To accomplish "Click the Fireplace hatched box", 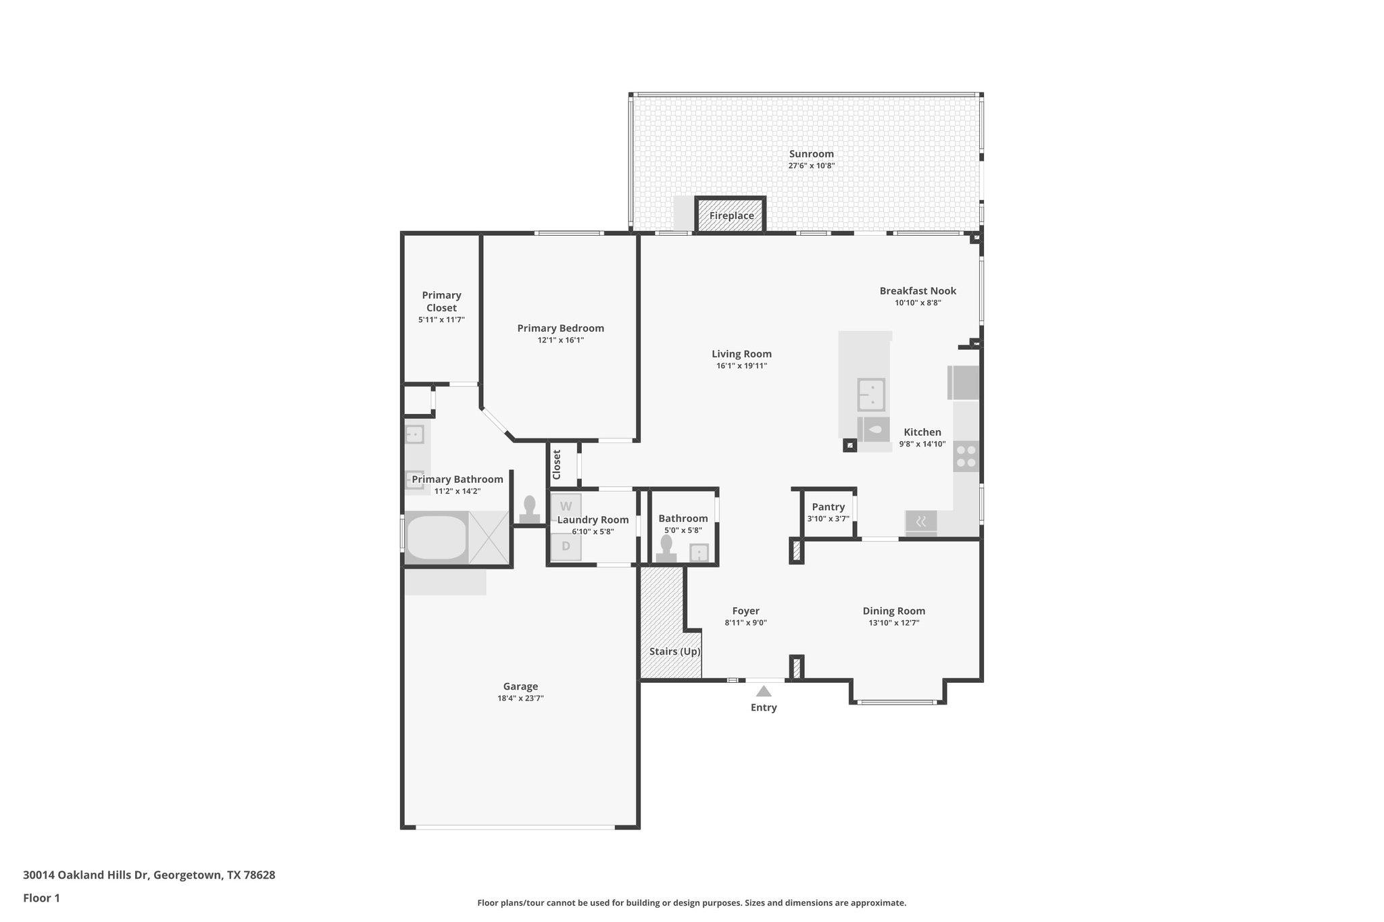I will tap(731, 215).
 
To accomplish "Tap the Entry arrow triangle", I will tap(764, 691).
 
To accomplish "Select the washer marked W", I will tap(566, 507).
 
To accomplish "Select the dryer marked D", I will tap(566, 546).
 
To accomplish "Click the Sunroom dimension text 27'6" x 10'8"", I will tap(811, 165).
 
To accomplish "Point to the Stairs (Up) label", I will tap(674, 652).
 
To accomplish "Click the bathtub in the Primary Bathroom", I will tap(436, 538).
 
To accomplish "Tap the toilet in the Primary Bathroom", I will tap(530, 509).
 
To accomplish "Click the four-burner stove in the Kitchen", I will tap(966, 456).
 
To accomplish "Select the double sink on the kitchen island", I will tap(871, 394).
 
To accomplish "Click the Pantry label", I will tap(828, 507).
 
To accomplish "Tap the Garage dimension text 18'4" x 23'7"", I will tap(520, 698).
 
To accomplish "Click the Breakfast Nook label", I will tap(918, 291).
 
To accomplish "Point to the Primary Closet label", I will tap(441, 301).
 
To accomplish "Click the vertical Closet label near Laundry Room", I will tap(557, 465).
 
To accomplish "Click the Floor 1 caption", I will tap(41, 898).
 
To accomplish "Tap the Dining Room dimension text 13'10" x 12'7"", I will tap(893, 623).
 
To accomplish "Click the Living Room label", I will tap(741, 354).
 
